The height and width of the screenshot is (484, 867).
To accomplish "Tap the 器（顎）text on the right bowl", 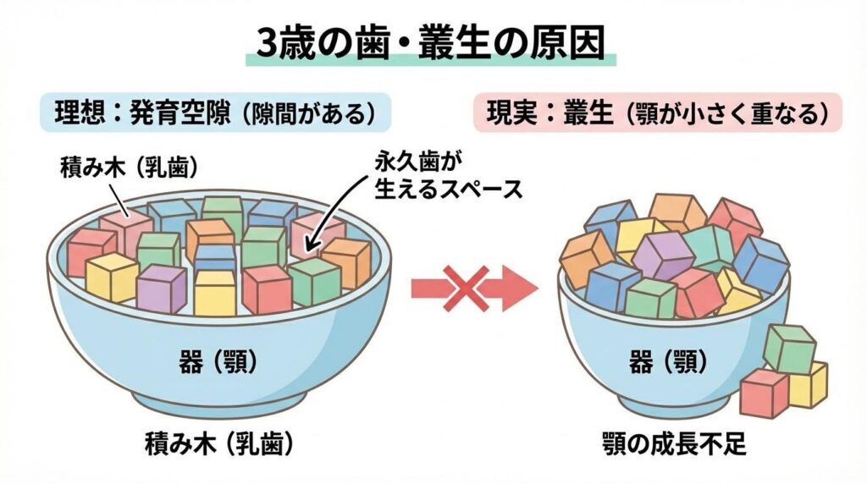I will pos(669,362).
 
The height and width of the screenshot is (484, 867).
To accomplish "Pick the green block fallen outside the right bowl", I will pos(789,347).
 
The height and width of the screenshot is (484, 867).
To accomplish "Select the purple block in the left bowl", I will pos(161,288).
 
